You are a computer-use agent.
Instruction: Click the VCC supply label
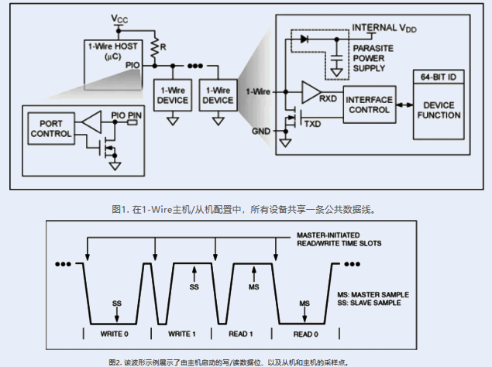(x=120, y=18)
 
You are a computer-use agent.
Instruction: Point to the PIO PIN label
(x=126, y=115)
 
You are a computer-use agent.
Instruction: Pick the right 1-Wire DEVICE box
(x=217, y=94)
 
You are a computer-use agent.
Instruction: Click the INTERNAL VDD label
(x=384, y=27)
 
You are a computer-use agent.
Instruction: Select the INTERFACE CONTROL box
(x=370, y=105)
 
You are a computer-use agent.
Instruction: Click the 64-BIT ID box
(x=439, y=77)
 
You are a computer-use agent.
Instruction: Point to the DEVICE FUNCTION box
(x=439, y=110)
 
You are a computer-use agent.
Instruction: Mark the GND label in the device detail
(x=261, y=132)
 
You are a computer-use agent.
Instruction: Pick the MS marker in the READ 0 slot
(x=304, y=303)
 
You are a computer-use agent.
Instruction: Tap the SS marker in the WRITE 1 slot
(x=194, y=287)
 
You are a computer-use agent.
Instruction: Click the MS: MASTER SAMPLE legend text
(x=376, y=295)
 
